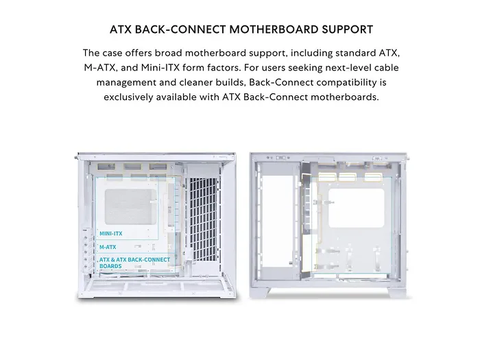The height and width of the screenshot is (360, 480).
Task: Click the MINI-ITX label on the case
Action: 111,233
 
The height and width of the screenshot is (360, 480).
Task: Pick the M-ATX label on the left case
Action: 108,246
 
